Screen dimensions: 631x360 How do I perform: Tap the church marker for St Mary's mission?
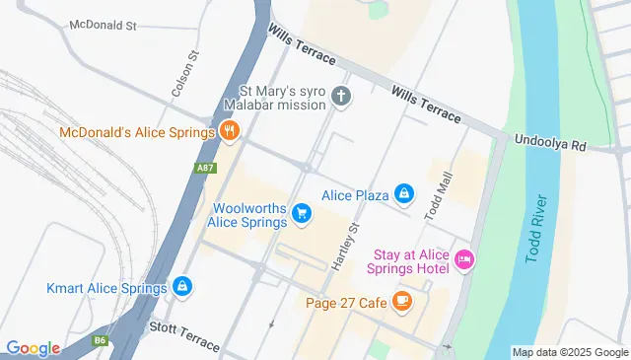point(341,97)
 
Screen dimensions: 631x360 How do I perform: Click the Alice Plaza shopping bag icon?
point(403,194)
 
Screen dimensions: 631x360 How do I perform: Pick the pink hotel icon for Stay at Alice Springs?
point(464,260)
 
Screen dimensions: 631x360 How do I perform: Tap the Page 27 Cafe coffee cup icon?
point(401,302)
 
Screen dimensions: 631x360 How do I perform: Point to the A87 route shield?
point(204,168)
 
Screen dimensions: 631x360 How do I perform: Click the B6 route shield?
point(100,340)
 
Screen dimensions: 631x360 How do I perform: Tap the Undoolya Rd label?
point(550,144)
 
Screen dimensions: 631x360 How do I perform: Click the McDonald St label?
point(102,25)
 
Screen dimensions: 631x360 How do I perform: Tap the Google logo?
point(33,348)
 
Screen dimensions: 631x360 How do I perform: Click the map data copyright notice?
point(570,352)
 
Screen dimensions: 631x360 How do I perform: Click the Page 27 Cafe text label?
point(345,303)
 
